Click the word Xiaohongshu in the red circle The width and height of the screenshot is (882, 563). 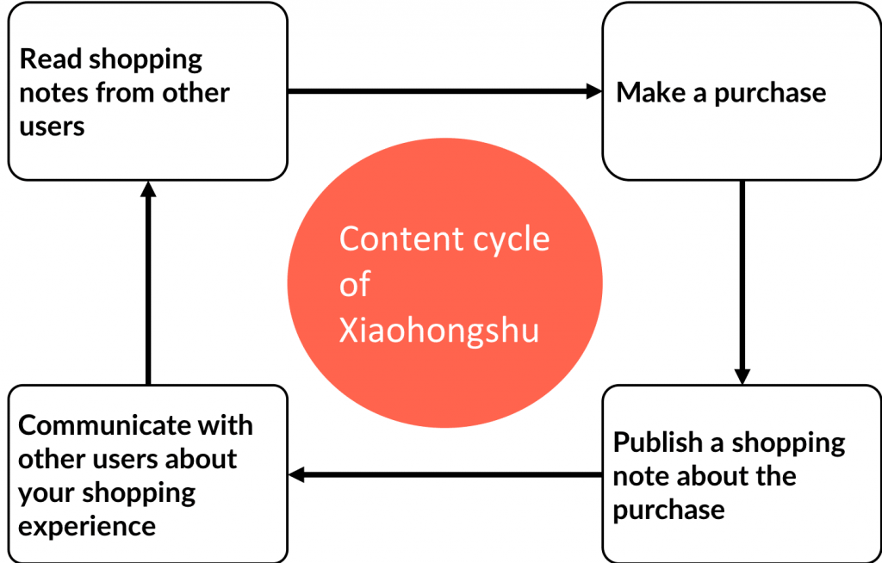pyautogui.click(x=438, y=331)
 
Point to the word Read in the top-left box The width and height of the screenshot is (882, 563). pyautogui.click(x=51, y=59)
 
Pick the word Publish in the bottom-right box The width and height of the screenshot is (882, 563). pyautogui.click(x=657, y=442)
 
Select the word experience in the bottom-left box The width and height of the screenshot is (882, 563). pyautogui.click(x=87, y=526)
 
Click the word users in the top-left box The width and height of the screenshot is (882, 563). pyautogui.click(x=52, y=126)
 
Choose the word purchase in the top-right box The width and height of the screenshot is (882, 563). pyautogui.click(x=770, y=92)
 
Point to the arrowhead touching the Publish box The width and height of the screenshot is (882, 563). pyautogui.click(x=742, y=376)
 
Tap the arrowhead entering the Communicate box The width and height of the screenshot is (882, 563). pyautogui.click(x=297, y=474)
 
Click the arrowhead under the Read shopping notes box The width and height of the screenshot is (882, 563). pyautogui.click(x=148, y=189)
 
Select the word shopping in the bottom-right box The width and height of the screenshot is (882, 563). pyautogui.click(x=788, y=442)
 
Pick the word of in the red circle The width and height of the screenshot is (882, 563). pyautogui.click(x=355, y=285)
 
